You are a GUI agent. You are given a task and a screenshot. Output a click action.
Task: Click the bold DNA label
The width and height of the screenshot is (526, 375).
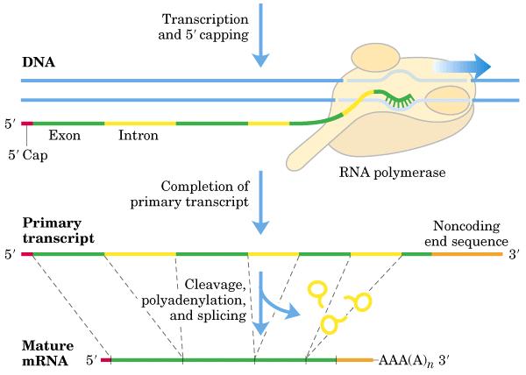(39, 62)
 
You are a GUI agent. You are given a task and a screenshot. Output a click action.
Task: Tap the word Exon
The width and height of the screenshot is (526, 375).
(65, 136)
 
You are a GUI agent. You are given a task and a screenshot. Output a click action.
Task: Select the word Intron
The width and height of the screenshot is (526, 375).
(139, 136)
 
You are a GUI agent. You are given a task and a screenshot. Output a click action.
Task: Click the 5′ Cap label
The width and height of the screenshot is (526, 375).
(28, 155)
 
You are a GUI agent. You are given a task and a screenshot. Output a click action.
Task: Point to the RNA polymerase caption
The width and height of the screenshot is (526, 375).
(392, 173)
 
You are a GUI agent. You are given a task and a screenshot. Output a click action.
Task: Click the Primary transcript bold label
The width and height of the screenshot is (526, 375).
(59, 231)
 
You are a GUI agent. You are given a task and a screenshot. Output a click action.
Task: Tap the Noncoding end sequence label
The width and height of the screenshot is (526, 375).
(466, 234)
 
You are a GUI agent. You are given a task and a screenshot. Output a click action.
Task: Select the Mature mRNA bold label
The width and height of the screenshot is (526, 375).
(47, 353)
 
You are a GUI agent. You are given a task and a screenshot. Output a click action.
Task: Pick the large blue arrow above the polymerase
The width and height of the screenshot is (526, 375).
(462, 66)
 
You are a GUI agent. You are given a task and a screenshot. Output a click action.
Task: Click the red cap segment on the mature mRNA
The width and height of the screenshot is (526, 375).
(106, 360)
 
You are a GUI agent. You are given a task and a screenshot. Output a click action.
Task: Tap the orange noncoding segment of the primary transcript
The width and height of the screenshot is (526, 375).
(467, 254)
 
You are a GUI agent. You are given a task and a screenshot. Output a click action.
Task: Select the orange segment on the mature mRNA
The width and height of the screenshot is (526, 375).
(354, 360)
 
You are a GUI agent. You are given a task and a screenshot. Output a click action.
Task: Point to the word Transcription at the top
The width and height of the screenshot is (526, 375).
(205, 19)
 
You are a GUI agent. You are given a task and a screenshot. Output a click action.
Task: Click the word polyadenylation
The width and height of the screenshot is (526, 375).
(194, 301)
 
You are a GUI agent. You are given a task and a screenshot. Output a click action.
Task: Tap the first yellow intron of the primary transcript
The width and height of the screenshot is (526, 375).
(140, 254)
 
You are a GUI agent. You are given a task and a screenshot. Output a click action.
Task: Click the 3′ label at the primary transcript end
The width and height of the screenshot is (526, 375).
(514, 255)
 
